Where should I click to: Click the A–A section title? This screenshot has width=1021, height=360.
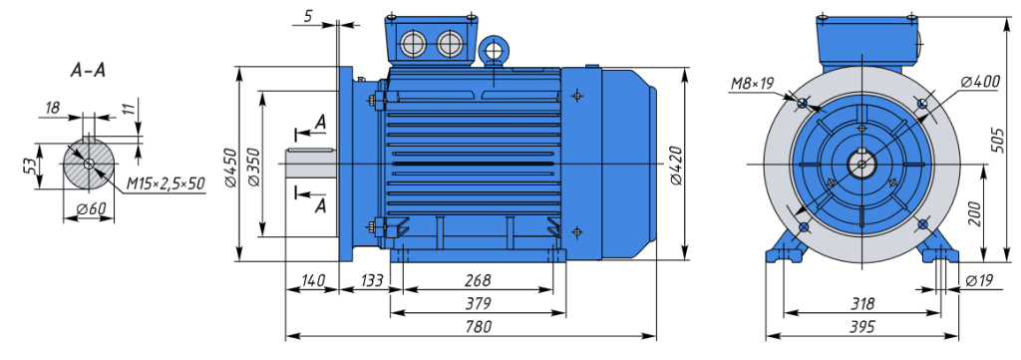pos(88,71)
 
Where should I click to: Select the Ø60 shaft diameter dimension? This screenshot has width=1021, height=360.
pos(91,209)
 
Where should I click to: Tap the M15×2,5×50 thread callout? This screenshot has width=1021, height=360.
pos(166,184)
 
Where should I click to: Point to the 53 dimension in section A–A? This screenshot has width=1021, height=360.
pos(28,166)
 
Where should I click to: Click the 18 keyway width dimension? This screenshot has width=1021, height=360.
pos(53,108)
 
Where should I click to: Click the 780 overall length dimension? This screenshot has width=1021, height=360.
pos(479,326)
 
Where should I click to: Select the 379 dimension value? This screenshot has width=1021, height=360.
pos(479,303)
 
